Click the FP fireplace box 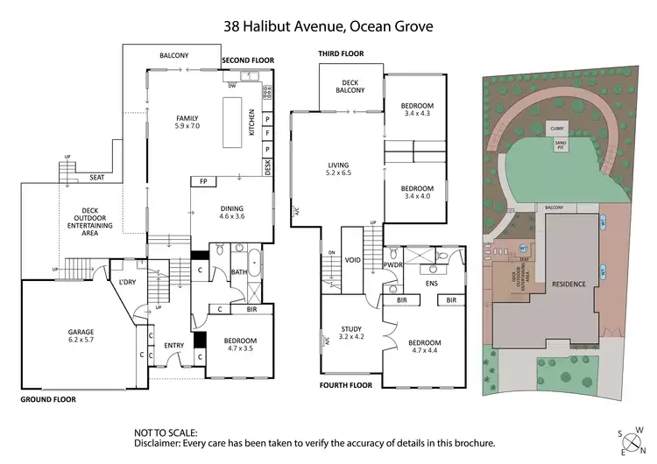coord(203,182)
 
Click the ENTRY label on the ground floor coord(173,346)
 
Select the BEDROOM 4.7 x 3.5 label coord(236,345)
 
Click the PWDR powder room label coord(394,265)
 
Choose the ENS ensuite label coord(429,284)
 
